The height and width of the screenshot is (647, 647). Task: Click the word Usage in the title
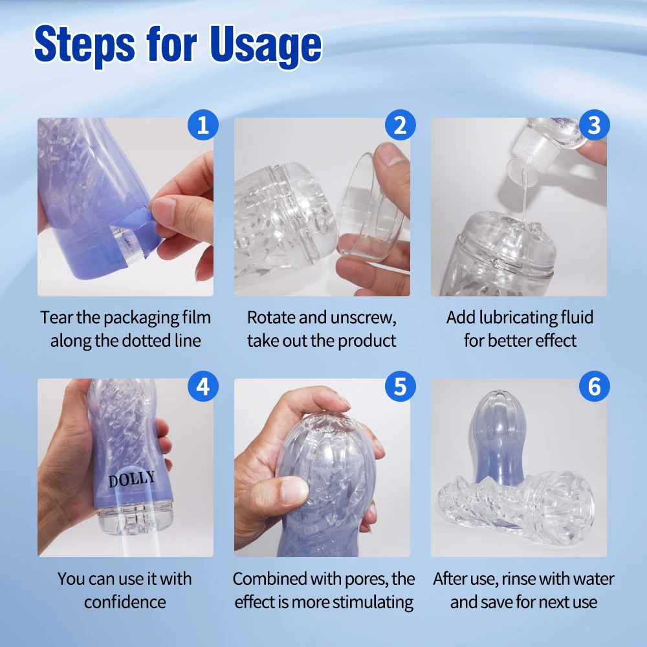265,45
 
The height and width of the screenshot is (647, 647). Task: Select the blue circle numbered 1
203,125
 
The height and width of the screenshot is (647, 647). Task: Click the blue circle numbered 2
400,125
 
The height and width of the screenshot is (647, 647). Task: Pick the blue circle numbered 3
594,125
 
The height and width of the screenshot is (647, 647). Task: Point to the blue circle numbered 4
203,386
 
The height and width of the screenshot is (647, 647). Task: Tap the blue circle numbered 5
400,386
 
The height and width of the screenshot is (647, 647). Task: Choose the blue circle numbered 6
594,386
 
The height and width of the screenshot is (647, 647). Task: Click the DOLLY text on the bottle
131,479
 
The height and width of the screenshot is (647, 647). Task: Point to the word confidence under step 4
125,602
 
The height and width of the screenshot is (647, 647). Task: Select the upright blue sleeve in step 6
499,438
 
